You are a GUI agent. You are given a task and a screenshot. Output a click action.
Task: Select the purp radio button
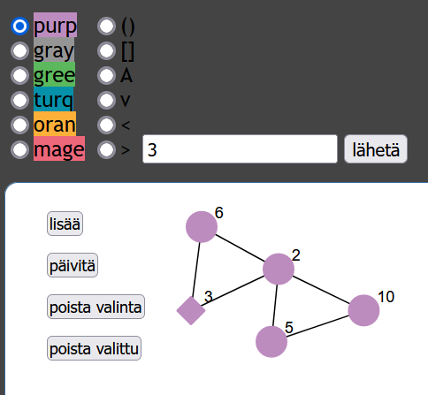coord(19,27)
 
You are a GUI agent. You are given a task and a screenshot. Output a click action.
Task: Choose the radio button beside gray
coord(19,51)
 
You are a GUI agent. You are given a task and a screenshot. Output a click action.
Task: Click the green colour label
coord(54,74)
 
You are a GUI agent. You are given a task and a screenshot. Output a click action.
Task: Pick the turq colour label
coord(54,99)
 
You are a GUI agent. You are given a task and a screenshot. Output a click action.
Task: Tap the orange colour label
coord(55,124)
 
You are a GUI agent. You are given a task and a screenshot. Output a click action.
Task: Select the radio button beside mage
coord(19,150)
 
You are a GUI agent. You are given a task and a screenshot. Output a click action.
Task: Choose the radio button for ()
coord(106,27)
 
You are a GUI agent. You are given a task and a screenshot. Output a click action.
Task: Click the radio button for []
coord(106,51)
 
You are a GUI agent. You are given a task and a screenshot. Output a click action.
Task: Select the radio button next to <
coord(106,125)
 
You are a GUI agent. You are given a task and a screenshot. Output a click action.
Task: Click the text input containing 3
coord(240,149)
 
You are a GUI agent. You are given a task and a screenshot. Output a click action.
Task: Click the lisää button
coord(65,224)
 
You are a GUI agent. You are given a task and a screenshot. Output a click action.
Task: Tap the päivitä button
coord(73,265)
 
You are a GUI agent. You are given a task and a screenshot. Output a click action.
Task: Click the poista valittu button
coord(94,348)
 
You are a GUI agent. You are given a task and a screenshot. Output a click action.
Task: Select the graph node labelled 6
coord(202,227)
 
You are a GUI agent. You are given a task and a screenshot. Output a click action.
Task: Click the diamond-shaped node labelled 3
coord(191,311)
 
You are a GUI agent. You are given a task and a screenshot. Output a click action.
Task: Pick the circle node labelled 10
coord(363,310)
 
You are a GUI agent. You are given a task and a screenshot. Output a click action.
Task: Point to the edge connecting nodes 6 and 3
coord(196,270)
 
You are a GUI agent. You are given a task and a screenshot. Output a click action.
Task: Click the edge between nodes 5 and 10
coord(317,326)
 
